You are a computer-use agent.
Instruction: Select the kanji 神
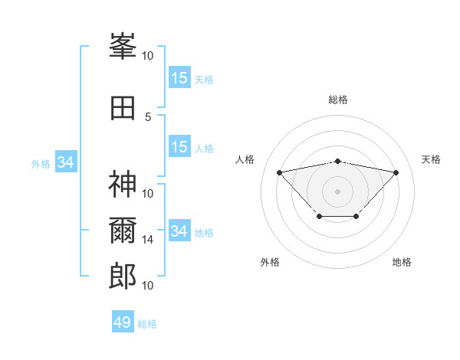click(x=123, y=185)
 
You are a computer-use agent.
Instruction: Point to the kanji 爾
click(x=123, y=231)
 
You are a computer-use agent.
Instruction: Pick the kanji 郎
click(x=123, y=277)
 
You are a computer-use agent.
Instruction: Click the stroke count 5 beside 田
click(x=149, y=116)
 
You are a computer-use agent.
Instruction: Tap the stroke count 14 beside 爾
click(x=148, y=240)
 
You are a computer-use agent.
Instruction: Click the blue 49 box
click(x=123, y=322)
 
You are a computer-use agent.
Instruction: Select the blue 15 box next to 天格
click(x=179, y=78)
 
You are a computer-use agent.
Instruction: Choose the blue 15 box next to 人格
click(x=179, y=148)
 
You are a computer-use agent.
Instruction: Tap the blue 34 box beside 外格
click(x=66, y=162)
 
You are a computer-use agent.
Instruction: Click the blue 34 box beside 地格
click(x=179, y=231)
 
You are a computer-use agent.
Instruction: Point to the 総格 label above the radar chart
click(x=337, y=100)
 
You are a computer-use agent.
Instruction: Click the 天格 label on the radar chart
click(x=431, y=159)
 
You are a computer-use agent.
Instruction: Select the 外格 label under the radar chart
click(x=270, y=262)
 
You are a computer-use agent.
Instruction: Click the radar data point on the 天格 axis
click(x=396, y=172)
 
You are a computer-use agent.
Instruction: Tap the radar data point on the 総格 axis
click(x=337, y=161)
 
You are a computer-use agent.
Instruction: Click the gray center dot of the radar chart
click(x=337, y=191)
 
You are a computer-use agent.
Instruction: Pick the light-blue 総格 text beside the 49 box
click(x=147, y=324)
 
